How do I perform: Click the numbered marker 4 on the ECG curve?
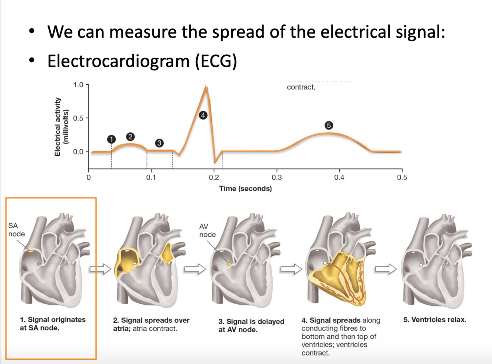[x=203, y=115]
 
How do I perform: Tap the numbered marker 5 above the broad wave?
[x=329, y=125]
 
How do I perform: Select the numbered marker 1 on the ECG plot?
[x=111, y=139]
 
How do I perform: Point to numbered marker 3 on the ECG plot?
[x=159, y=143]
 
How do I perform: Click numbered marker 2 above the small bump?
[x=130, y=137]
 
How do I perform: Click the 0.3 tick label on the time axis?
[x=277, y=178]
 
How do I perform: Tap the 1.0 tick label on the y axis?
[x=78, y=85]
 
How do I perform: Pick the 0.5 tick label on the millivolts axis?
[x=78, y=118]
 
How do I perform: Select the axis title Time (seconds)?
[x=245, y=189]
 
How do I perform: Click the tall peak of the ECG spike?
[x=206, y=88]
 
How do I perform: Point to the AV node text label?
[x=207, y=231]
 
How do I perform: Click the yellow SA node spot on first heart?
[x=31, y=252]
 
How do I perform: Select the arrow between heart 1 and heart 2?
[x=100, y=269]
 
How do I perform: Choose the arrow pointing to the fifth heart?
[x=386, y=269]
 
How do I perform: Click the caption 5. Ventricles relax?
[x=434, y=320]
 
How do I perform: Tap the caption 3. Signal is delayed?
[x=251, y=322]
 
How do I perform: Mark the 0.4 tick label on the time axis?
[x=339, y=178]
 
